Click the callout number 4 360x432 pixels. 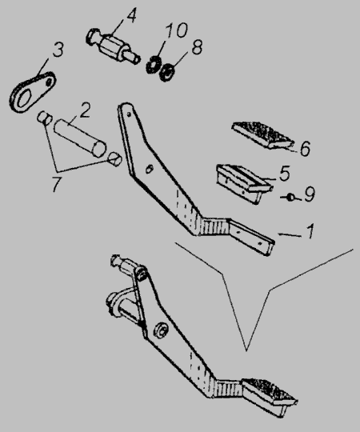click(x=131, y=17)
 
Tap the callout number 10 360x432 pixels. click(x=176, y=30)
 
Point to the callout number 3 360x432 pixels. click(x=58, y=50)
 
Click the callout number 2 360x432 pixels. click(x=85, y=110)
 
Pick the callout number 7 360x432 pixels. click(x=57, y=184)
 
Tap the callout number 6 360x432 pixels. click(x=305, y=149)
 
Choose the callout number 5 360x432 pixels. click(x=285, y=174)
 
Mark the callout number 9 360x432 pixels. click(x=310, y=194)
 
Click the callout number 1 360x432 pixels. click(x=310, y=231)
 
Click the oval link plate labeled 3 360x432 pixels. click(x=33, y=92)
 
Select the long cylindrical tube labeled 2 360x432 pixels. click(x=80, y=138)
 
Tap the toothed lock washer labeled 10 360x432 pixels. click(x=153, y=65)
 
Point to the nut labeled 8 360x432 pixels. click(x=167, y=73)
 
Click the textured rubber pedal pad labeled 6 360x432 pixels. click(x=262, y=135)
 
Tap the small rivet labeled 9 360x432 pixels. click(x=290, y=197)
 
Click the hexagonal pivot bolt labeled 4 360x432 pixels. click(x=114, y=46)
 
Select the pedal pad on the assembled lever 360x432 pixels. click(x=270, y=397)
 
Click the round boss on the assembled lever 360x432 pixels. click(x=161, y=330)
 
